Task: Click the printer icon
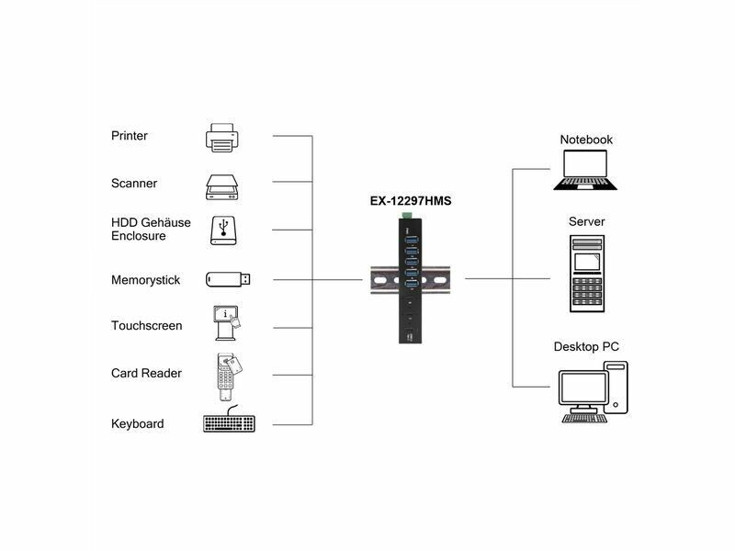coord(221,138)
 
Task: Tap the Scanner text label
coord(134,184)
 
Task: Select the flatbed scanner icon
coord(221,186)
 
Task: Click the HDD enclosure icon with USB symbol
coord(222,231)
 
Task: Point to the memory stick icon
coord(227,279)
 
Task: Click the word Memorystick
coord(145,280)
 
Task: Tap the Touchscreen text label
coord(146,326)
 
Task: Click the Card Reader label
coord(146,374)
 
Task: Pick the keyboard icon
coord(229,424)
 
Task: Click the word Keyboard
coord(137,424)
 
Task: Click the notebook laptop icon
coord(584,169)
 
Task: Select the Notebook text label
coord(586,140)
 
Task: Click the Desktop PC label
coord(586,347)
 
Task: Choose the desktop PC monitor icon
coord(582,392)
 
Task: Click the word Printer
coord(130,136)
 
